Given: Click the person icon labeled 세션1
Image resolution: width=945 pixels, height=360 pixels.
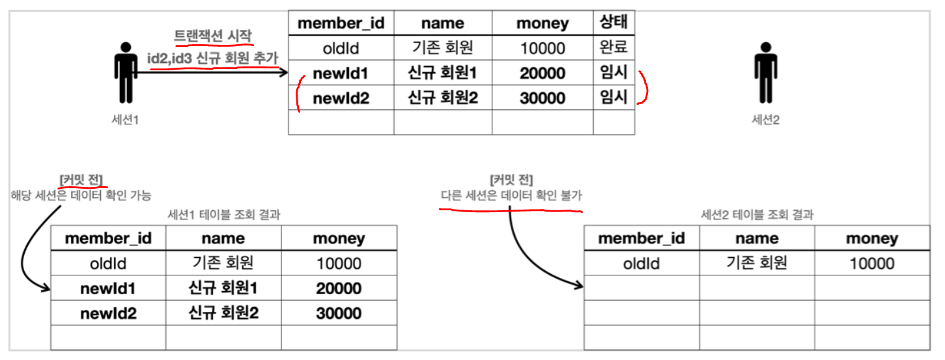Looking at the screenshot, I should point(126,72).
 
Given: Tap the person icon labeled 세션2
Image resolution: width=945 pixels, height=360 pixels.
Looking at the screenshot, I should point(765,72).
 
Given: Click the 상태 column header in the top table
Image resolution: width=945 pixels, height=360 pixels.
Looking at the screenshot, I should point(613,23).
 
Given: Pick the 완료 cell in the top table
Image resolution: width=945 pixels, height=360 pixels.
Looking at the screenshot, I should point(613,48).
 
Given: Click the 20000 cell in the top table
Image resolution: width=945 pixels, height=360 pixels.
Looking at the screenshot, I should point(542,73).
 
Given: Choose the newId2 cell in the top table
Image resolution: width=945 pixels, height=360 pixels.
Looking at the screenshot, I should point(341,98).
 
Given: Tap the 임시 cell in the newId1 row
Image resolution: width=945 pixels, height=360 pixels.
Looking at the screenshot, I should point(613,73).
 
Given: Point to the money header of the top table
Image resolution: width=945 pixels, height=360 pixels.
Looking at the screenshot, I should point(542,23).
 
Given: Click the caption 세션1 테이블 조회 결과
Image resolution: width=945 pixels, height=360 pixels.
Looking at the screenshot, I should point(224,215).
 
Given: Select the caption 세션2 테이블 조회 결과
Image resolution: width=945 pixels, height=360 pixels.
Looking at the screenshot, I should point(757,215).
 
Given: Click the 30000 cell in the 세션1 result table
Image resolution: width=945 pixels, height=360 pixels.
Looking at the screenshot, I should point(339,313).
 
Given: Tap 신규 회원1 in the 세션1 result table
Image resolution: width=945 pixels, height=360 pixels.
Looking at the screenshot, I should point(223,288).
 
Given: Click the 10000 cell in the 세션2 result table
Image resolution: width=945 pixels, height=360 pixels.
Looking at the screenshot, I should point(872,264).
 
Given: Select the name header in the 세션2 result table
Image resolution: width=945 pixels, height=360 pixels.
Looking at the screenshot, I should point(757,239).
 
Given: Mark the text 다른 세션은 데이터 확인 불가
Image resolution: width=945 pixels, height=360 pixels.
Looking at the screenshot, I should point(511,195).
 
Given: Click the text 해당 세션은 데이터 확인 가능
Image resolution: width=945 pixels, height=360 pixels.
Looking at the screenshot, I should point(81,195).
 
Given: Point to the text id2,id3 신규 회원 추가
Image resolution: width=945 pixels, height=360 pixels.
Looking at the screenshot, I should point(213,58).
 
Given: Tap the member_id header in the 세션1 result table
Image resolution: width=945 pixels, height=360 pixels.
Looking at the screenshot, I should point(108,239).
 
